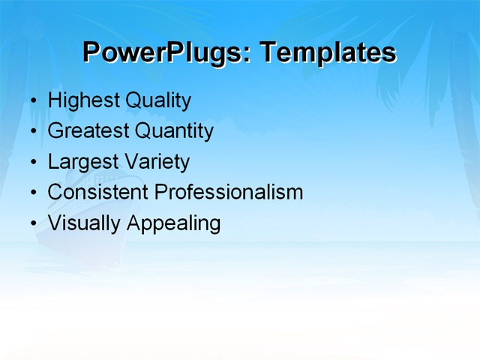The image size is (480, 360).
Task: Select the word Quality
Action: [157, 100]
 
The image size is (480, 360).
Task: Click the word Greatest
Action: [87, 130]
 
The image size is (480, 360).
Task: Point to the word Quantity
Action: [173, 130]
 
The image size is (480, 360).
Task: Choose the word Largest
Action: [81, 161]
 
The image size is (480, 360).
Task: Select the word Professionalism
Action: [229, 192]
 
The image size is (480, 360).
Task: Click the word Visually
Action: [84, 223]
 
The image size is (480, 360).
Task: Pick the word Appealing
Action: [173, 223]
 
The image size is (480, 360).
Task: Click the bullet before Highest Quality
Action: [33, 100]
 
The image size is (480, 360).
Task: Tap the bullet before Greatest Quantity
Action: [33, 131]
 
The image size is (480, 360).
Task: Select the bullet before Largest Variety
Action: [33, 162]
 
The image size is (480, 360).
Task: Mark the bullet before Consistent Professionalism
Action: [33, 193]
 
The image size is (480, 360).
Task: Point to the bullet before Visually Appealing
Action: [33, 223]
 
